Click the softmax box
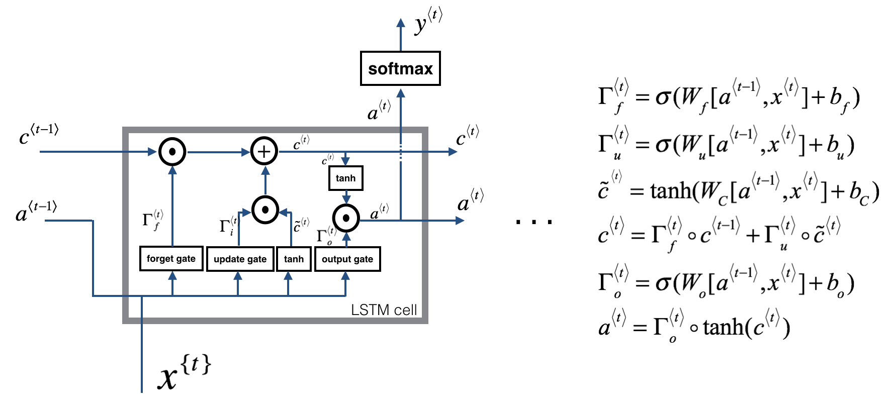coord(400,68)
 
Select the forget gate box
coord(171,259)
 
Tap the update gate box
coord(240,259)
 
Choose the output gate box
coord(347,259)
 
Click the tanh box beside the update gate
coord(294,259)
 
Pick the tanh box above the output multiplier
coord(345,178)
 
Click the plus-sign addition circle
coord(264,151)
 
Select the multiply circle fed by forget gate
coord(172,151)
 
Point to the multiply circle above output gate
coord(346,218)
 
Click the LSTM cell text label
coord(384,310)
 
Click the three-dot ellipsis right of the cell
coord(534,221)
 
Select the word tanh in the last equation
coord(723,328)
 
